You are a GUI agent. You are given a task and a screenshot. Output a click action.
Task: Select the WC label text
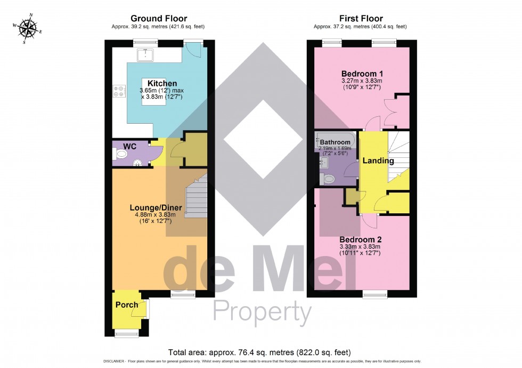click(x=130, y=146)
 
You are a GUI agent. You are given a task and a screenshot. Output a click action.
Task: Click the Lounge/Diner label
click(x=156, y=207)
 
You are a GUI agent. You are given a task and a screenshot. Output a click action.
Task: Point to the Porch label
click(x=127, y=305)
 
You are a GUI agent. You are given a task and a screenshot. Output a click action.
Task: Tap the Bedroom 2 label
click(x=361, y=239)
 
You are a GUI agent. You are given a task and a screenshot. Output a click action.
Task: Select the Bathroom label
click(x=335, y=142)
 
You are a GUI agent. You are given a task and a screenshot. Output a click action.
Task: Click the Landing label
click(x=378, y=161)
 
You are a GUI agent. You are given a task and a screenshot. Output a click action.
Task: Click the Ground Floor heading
click(x=158, y=19)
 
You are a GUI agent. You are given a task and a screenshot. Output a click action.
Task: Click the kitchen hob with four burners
click(x=118, y=91)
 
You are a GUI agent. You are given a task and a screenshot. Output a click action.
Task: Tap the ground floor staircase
click(x=196, y=198)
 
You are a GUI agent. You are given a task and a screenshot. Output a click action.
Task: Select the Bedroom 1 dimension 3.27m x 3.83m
click(x=362, y=81)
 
